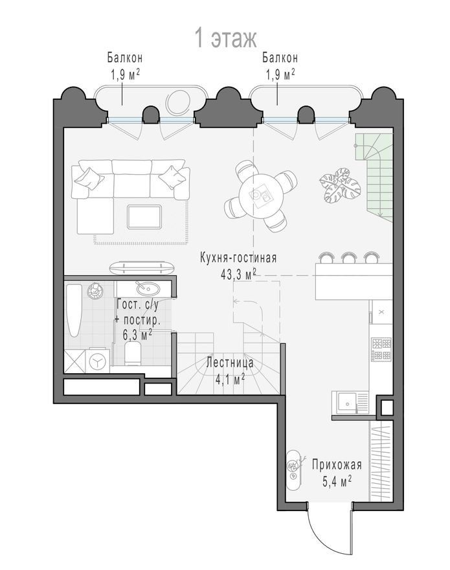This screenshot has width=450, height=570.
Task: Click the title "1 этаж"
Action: click(x=226, y=38)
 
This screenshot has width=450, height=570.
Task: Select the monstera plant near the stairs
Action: click(x=340, y=185)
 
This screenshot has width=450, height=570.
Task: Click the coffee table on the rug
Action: click(x=144, y=217)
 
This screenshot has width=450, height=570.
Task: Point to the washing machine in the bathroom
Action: click(x=97, y=360)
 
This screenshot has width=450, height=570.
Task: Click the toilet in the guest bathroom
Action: click(x=133, y=352)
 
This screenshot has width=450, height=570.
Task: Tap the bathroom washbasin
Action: click(x=148, y=289)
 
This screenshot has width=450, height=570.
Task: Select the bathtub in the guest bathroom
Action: click(x=74, y=311)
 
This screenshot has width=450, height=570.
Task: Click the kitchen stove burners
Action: click(x=381, y=349)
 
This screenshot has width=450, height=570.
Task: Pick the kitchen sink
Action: click(x=347, y=403)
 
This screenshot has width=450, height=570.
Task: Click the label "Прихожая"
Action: click(x=337, y=465)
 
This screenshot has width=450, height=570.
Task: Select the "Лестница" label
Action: click(x=230, y=363)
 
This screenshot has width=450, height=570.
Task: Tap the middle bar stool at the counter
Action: click(x=348, y=257)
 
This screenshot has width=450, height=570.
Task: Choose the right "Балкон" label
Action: click(x=280, y=58)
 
